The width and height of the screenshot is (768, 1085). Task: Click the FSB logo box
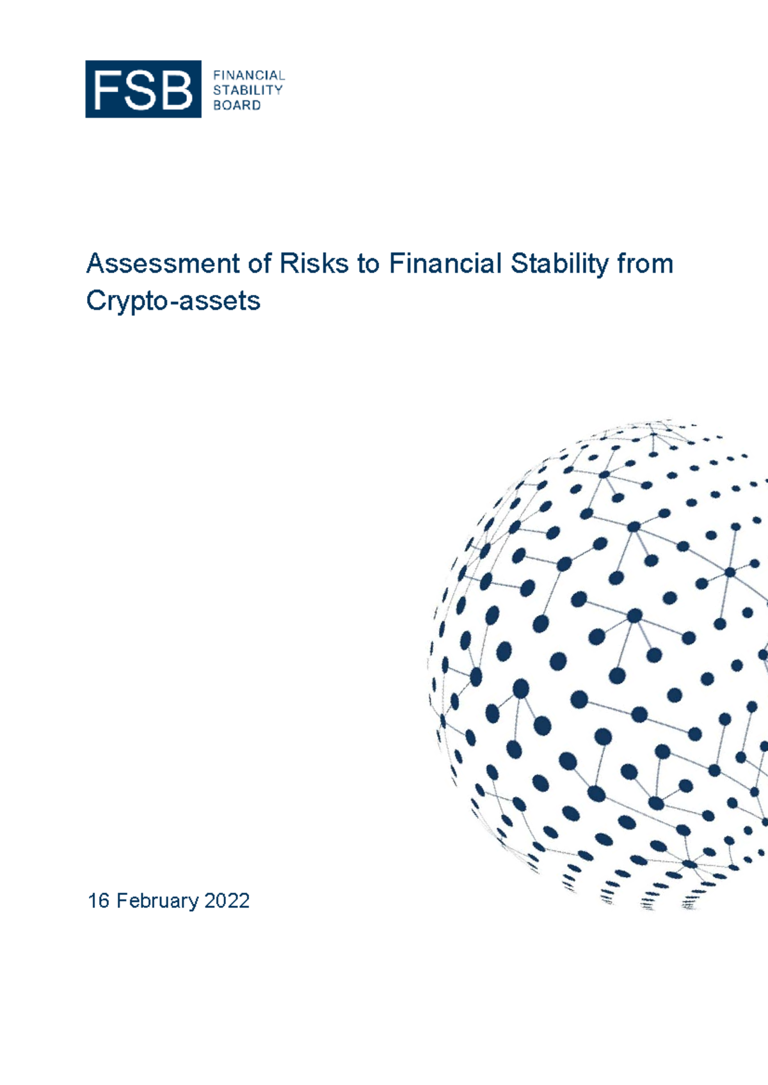coord(143,89)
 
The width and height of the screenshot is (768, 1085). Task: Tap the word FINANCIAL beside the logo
coord(249,75)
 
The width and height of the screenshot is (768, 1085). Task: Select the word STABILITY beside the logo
coord(248,90)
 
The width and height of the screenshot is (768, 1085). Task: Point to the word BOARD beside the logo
coord(237,106)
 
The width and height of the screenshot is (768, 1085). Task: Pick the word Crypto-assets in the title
coord(173,301)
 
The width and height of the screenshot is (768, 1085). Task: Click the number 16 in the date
coord(99,901)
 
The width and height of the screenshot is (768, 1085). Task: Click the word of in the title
coord(260,264)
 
